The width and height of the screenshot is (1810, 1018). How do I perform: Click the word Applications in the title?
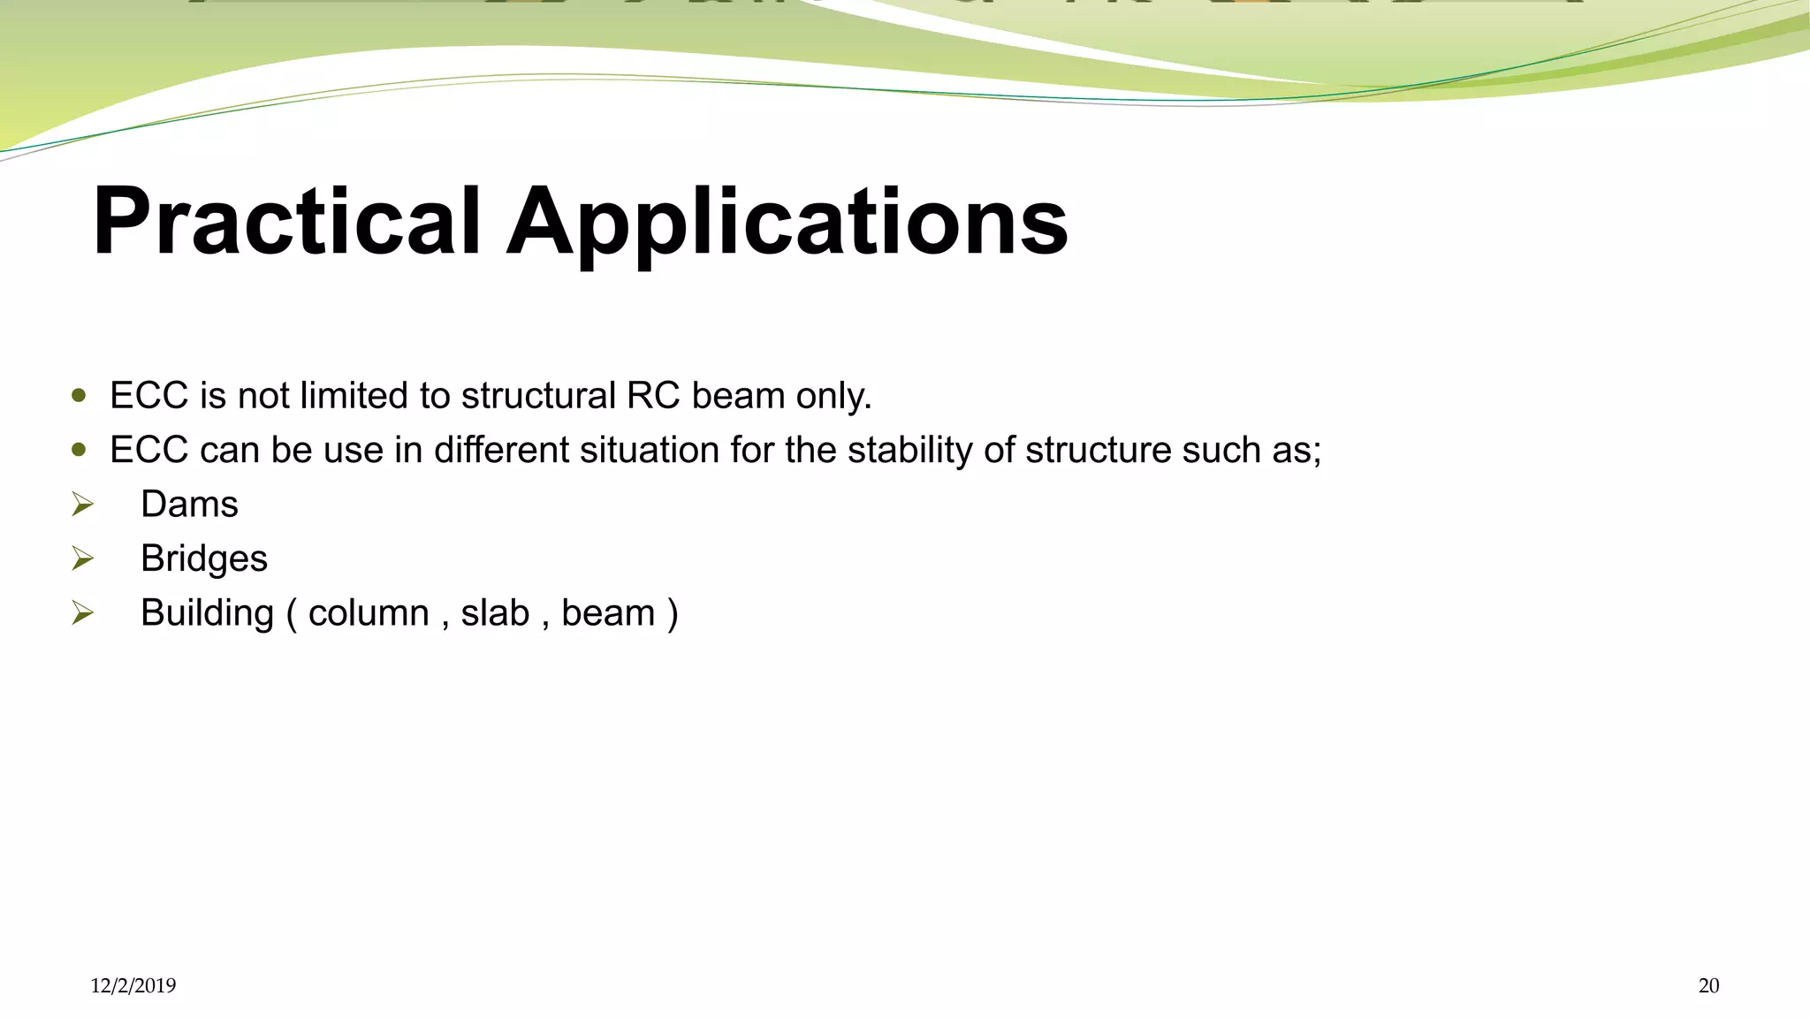point(787,223)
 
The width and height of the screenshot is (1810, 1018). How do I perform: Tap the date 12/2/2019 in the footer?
point(133,986)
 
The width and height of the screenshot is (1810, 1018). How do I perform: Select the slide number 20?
point(1708,986)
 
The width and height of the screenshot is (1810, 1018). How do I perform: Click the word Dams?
point(189,505)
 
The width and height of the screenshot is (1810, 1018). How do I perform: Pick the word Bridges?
point(204,559)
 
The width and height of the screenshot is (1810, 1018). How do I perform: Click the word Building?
point(207,613)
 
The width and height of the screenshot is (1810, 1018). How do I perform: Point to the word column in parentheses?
point(368,613)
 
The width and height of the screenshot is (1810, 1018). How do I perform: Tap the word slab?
point(495,613)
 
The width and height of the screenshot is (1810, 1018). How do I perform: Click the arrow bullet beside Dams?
point(82,505)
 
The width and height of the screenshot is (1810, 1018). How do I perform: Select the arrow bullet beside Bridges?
point(82,558)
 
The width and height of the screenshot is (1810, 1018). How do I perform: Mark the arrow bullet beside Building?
point(82,612)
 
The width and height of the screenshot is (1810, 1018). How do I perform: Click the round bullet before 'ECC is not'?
point(80,396)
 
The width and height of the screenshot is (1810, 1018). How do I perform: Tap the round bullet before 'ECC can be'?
point(80,450)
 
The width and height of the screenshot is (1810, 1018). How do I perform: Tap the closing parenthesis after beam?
point(673,614)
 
